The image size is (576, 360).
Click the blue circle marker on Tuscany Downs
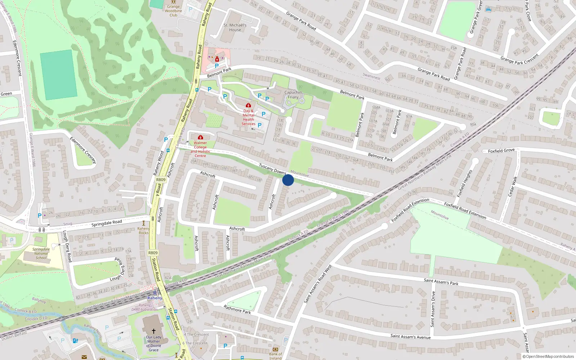click(x=288, y=180)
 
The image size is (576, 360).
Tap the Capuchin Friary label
click(x=293, y=95)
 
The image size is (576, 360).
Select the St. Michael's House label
click(x=235, y=28)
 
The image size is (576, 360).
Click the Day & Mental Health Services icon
click(x=248, y=105)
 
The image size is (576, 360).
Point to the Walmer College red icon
click(x=201, y=137)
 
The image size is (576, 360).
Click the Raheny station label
click(x=155, y=298)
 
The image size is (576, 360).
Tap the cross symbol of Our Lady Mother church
click(x=153, y=331)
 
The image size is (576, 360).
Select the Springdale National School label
click(x=41, y=253)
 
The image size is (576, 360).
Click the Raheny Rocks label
click(x=144, y=231)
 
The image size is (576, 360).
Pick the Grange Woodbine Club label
click(x=173, y=11)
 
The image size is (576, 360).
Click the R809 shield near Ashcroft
click(x=161, y=180)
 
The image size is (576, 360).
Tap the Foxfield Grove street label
click(x=501, y=151)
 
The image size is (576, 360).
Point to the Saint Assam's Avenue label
click(x=410, y=337)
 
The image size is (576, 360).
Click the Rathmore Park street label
click(x=237, y=309)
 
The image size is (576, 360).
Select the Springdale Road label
click(x=107, y=223)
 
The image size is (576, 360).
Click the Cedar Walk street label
click(x=513, y=186)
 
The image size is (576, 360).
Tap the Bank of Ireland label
click(x=275, y=356)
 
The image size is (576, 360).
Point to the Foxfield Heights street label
click(x=464, y=183)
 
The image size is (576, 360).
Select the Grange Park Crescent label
click(x=519, y=59)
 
